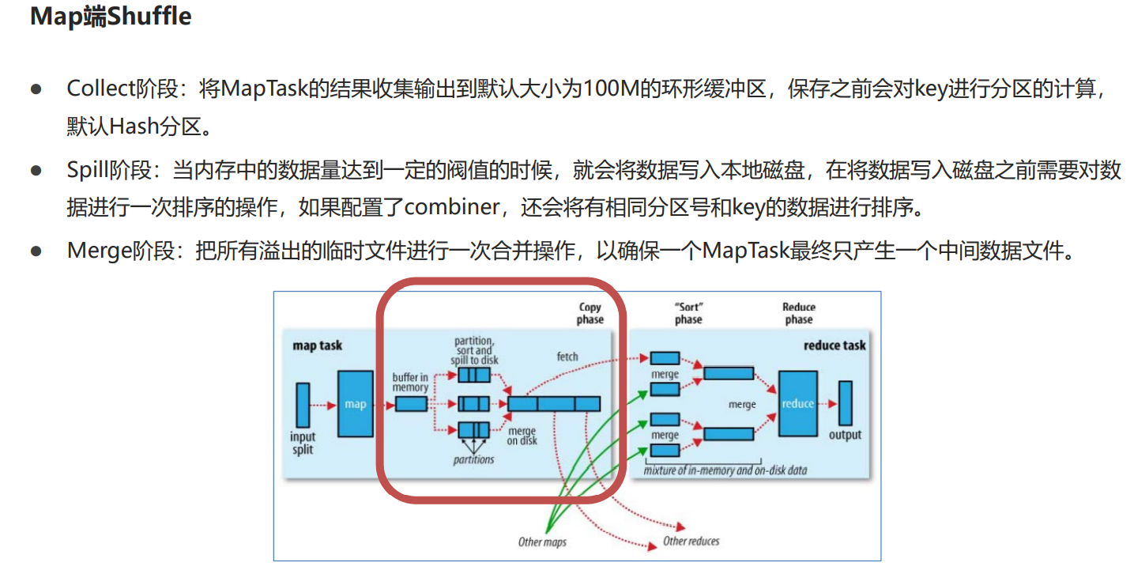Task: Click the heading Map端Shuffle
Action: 111,17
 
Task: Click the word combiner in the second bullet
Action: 451,208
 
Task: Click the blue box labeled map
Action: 356,404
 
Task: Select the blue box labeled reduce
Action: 798,404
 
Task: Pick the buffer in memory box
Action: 411,404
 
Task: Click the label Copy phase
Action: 590,313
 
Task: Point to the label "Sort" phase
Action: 688,313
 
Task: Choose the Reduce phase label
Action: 799,313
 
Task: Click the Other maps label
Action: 542,542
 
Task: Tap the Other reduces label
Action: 691,541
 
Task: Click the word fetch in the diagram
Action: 567,357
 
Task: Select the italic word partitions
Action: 474,459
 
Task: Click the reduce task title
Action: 834,345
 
